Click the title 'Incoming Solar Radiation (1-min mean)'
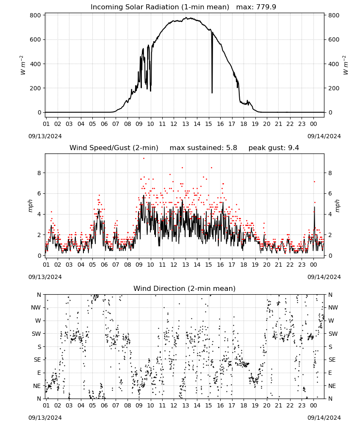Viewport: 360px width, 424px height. tap(160, 7)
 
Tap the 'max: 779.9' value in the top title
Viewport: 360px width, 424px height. tap(256, 7)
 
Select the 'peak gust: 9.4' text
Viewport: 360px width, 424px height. tap(274, 148)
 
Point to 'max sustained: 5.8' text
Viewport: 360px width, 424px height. tap(203, 148)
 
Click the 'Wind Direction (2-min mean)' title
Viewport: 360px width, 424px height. tap(185, 288)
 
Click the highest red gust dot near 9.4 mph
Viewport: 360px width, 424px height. tap(144, 159)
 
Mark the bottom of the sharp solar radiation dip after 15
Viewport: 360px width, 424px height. tap(212, 93)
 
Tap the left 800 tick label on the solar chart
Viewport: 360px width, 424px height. tap(36, 15)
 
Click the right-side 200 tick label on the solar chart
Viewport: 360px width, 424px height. tap(334, 88)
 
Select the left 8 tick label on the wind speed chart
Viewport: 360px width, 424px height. tap(39, 173)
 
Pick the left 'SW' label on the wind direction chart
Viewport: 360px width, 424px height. tap(36, 334)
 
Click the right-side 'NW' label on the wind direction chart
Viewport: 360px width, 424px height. tap(333, 307)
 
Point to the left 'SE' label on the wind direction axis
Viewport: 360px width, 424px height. tap(37, 360)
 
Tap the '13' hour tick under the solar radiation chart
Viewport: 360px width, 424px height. tap(186, 124)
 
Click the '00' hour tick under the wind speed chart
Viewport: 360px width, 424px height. tap(313, 265)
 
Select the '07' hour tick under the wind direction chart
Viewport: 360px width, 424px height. tap(116, 406)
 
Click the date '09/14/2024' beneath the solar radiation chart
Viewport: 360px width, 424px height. tap(324, 136)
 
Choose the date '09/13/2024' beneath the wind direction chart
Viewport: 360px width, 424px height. tap(45, 418)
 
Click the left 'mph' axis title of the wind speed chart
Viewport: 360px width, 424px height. tap(30, 206)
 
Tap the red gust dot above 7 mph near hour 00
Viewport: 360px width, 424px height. tap(314, 182)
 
